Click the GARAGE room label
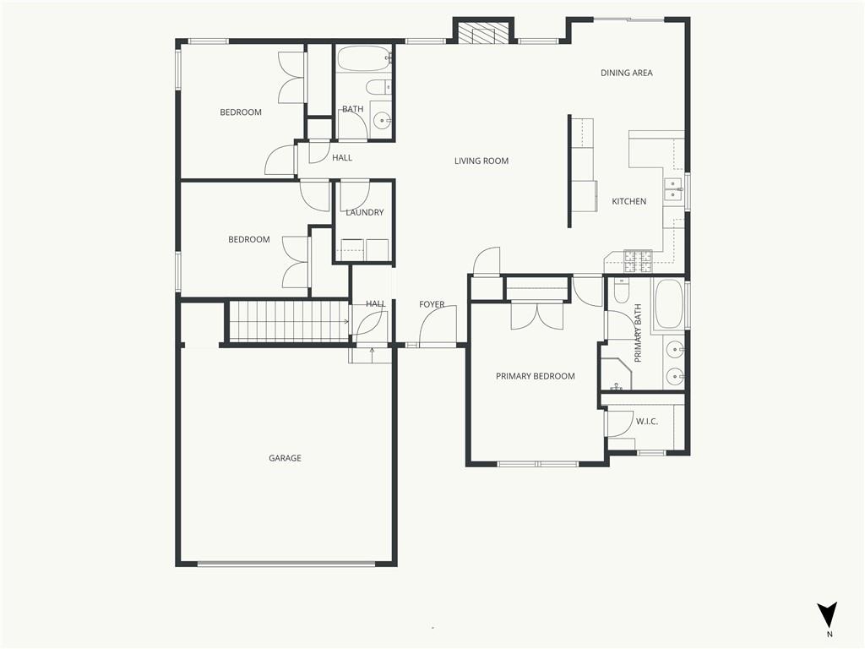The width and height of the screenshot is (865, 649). pyautogui.click(x=285, y=458)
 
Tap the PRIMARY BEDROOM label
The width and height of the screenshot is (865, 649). pyautogui.click(x=535, y=376)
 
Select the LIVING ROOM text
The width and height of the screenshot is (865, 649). pyautogui.click(x=481, y=161)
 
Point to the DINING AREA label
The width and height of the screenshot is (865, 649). pyautogui.click(x=626, y=73)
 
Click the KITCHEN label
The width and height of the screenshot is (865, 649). pyautogui.click(x=628, y=201)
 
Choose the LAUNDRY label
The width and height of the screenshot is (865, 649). pyautogui.click(x=365, y=212)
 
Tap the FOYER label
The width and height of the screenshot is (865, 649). pyautogui.click(x=432, y=304)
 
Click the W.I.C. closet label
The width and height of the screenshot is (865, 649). pyautogui.click(x=646, y=422)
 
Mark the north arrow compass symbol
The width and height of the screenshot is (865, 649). pyautogui.click(x=827, y=615)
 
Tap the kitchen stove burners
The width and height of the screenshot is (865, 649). pyautogui.click(x=638, y=262)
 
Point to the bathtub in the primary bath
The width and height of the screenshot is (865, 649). pyautogui.click(x=669, y=304)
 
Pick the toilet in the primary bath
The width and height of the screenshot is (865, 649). pyautogui.click(x=621, y=291)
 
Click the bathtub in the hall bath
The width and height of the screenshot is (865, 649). pyautogui.click(x=363, y=58)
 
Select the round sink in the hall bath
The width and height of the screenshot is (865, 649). pyautogui.click(x=381, y=120)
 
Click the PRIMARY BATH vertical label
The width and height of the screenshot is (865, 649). pyautogui.click(x=638, y=333)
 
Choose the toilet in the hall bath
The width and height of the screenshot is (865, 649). pyautogui.click(x=378, y=87)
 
